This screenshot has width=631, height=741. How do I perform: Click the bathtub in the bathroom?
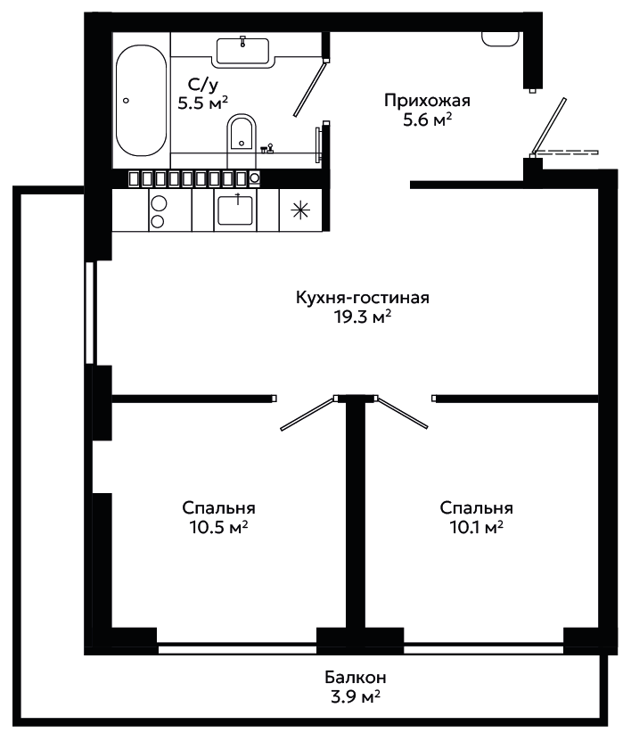pos(141,100)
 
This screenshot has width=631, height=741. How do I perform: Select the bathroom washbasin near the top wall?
pos(242,51)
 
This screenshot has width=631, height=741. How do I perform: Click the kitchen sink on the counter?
pos(235,210)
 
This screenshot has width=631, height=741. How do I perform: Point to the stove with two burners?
pos(159,211)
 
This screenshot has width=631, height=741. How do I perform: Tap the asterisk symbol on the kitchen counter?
pos(300,210)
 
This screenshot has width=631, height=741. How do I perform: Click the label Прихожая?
pos(427,101)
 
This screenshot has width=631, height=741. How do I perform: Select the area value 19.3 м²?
pos(363,317)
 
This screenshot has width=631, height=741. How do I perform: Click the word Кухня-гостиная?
pos(363,298)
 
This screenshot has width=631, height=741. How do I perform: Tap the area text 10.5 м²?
pos(218,526)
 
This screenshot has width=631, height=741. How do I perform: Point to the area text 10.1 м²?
pos(476,526)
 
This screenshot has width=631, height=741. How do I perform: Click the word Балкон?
pos(356,677)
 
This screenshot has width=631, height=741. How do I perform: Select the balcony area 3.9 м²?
pos(356,696)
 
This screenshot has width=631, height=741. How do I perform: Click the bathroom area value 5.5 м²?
pos(203,103)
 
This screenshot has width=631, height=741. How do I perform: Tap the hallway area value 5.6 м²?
pos(427,120)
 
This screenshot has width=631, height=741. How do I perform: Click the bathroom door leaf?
pos(310,88)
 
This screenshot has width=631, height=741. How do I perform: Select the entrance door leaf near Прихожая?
pos(548,127)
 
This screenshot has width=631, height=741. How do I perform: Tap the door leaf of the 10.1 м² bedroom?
pos(401,413)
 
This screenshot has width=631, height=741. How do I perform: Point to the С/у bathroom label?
pos(203,84)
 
